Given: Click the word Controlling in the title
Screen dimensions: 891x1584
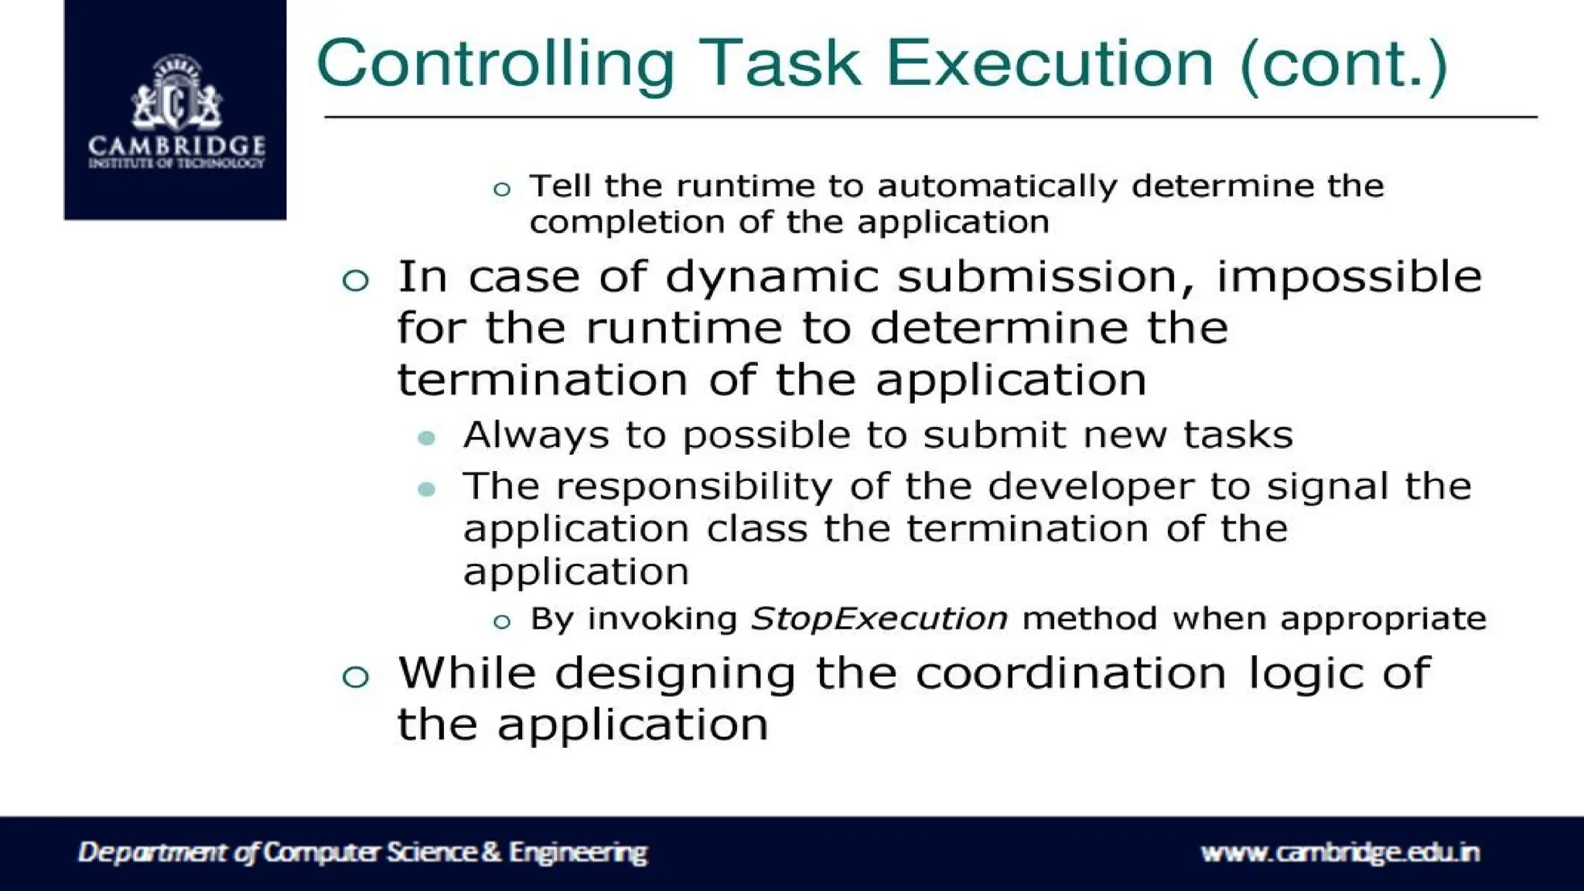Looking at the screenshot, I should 496,64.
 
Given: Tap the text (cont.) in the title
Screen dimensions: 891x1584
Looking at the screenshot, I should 1343,64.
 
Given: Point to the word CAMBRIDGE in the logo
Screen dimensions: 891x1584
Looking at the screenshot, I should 176,145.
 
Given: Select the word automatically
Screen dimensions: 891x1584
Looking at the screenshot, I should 998,186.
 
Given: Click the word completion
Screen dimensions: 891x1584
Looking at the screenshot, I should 625,223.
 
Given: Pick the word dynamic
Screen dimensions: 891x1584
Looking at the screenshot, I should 772,277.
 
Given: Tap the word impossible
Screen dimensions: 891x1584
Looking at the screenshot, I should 1349,277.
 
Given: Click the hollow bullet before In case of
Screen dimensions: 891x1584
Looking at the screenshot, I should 356,280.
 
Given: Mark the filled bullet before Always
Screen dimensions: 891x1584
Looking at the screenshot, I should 426,439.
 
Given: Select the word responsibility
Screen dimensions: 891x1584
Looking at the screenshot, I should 695,487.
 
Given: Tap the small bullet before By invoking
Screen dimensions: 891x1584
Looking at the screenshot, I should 502,621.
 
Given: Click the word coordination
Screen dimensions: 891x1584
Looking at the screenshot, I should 1071,672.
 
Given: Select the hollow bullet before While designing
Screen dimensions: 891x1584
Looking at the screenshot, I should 356,678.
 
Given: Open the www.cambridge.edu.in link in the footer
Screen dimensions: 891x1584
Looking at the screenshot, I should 1340,852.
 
